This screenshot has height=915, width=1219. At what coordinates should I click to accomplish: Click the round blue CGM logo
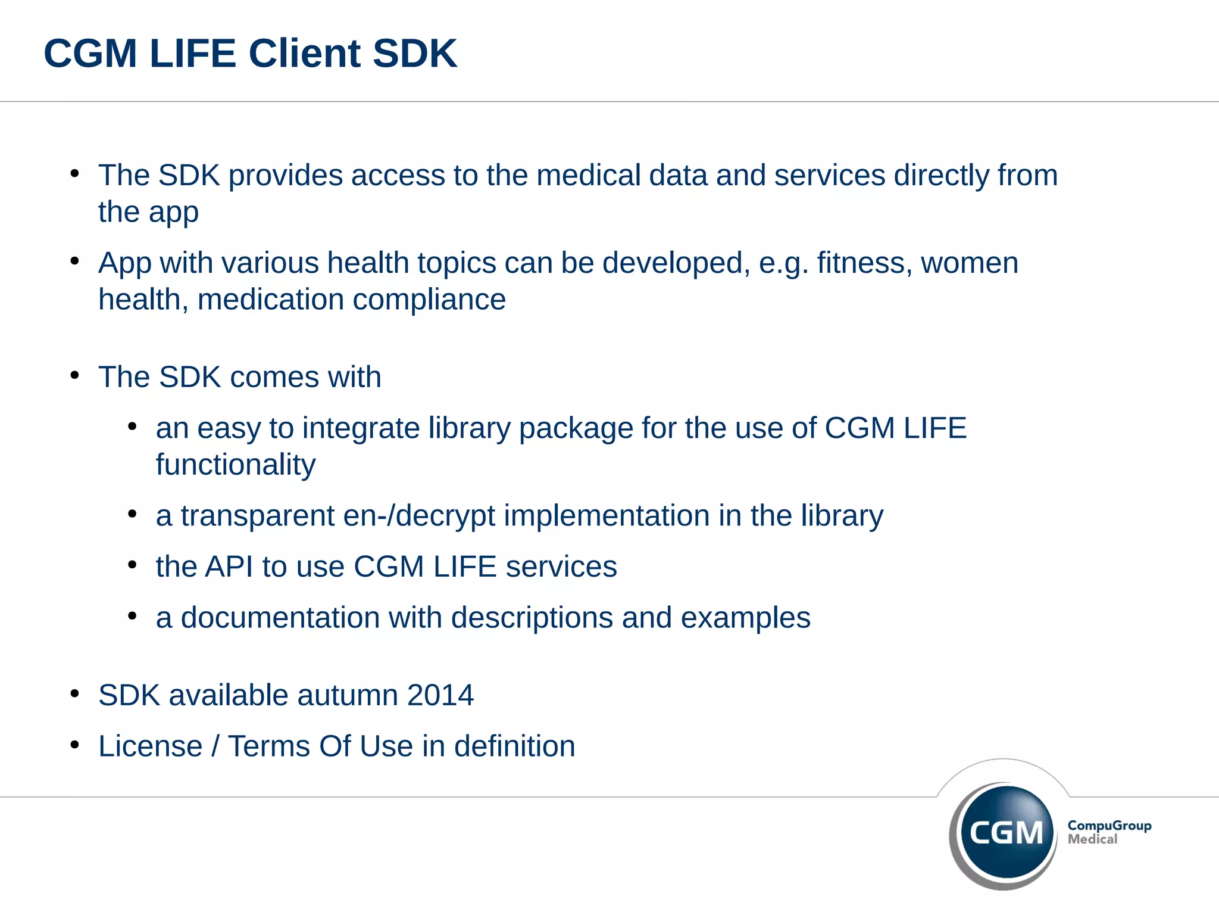[1006, 832]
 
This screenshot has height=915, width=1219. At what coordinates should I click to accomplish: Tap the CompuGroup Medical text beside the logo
[1109, 832]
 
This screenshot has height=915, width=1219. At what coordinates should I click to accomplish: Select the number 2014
[440, 695]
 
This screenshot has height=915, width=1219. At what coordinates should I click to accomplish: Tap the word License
[151, 746]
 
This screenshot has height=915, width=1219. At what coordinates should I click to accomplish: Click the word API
[229, 567]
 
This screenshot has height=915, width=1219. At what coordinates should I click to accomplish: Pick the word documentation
[280, 618]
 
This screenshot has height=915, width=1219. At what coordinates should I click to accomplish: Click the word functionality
[236, 465]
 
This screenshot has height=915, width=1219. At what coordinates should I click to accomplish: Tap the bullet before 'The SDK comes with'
[74, 375]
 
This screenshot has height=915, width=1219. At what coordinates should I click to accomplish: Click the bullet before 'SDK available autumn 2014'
[74, 693]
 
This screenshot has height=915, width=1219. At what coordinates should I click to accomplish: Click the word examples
[746, 618]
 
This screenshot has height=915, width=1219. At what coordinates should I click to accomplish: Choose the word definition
[515, 746]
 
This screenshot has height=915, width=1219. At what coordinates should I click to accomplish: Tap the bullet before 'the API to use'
[132, 565]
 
